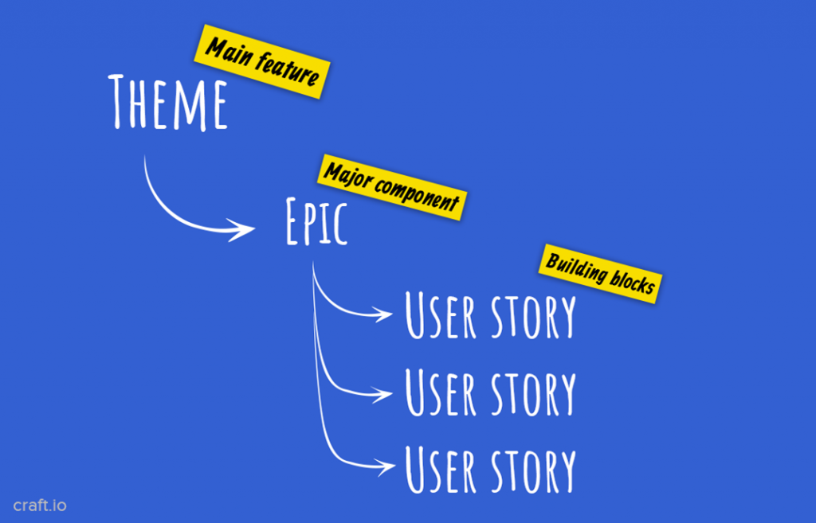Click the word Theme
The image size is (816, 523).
click(x=168, y=103)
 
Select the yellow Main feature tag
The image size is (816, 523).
click(x=262, y=62)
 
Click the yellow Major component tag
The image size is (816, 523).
click(x=392, y=186)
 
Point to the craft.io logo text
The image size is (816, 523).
click(x=40, y=505)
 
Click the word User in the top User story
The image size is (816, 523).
click(x=441, y=316)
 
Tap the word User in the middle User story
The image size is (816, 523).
click(x=441, y=392)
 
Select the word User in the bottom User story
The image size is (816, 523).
click(x=441, y=470)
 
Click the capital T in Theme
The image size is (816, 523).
click(x=120, y=101)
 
